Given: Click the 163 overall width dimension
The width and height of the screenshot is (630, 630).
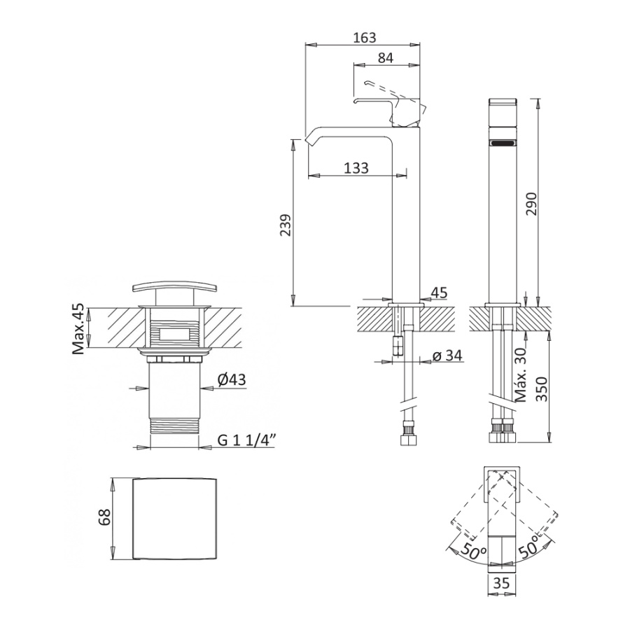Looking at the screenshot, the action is [365, 37].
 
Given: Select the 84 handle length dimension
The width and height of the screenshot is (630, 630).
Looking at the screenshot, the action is [385, 58].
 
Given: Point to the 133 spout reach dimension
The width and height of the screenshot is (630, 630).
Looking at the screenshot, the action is [356, 167].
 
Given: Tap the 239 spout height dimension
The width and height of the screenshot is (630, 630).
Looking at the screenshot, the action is [286, 225].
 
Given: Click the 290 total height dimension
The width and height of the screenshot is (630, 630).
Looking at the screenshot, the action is [531, 203].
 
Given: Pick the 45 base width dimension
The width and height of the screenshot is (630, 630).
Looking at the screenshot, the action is [439, 293].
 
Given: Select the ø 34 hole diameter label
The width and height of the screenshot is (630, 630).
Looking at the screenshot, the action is [447, 356].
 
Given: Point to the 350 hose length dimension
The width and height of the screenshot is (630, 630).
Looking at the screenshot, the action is [542, 389].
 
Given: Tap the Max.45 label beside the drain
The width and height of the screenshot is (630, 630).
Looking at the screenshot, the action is [78, 330].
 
